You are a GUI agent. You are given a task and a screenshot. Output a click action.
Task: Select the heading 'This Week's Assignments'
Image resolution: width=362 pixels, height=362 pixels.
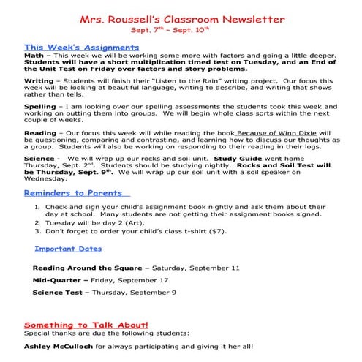click(81, 47)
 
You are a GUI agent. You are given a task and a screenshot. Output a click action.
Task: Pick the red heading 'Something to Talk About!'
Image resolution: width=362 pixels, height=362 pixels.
click(86, 323)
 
